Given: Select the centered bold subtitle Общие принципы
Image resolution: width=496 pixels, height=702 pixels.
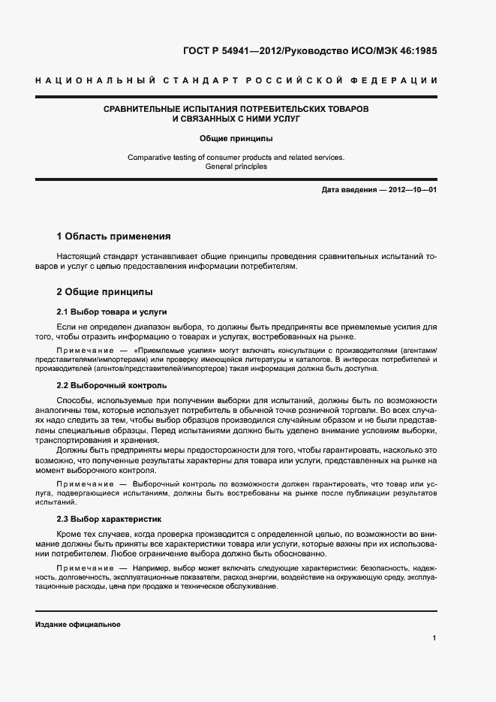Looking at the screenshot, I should tap(236, 138).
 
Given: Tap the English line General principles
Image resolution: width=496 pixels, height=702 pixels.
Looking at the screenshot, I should tap(236, 167).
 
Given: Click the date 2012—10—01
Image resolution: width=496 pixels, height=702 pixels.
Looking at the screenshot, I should tap(412, 191).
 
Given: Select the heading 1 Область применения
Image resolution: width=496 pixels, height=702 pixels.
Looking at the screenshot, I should tap(114, 236).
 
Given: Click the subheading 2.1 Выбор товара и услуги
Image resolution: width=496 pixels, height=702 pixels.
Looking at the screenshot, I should tap(111, 311).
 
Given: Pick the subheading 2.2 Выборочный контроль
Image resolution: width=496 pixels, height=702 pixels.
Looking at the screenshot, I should tap(107, 385).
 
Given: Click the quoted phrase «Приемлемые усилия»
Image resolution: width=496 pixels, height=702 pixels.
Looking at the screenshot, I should tap(165, 351).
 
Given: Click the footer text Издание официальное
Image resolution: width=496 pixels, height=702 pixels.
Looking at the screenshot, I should tap(77, 625).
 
